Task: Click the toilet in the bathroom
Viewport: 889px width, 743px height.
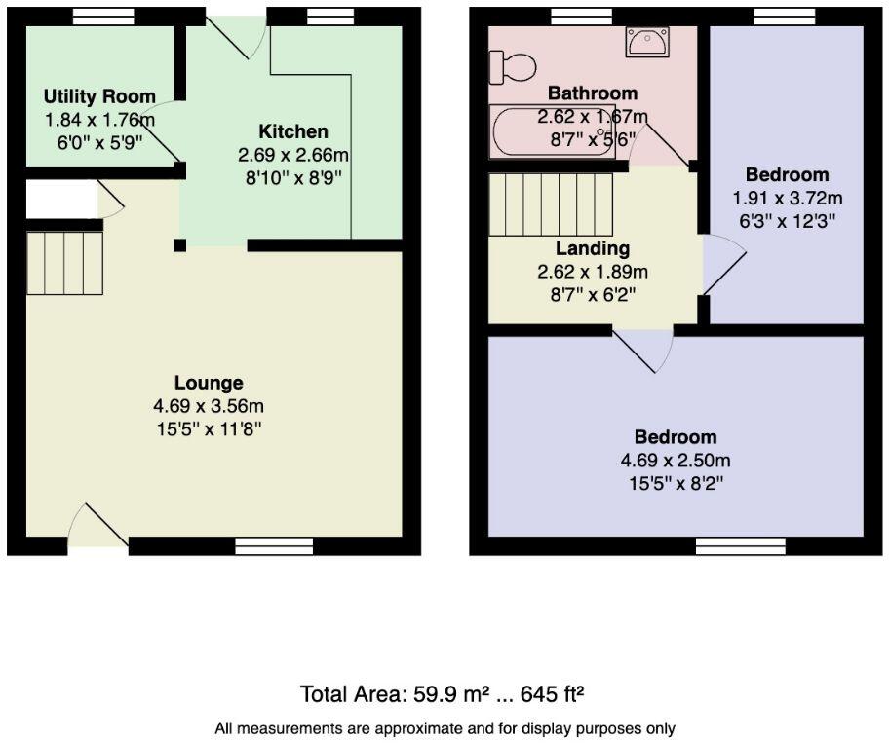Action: [x=513, y=67]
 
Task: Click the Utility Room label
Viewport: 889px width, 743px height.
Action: [x=99, y=96]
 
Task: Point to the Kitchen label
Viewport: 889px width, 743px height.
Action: [x=292, y=131]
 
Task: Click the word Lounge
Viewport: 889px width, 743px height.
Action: [x=209, y=383]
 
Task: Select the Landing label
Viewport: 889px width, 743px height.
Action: [x=593, y=249]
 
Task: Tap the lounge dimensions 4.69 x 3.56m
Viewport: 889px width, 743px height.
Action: [x=209, y=405]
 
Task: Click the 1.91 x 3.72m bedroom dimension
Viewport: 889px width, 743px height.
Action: [x=787, y=198]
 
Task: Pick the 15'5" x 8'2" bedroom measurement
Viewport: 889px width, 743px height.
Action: [x=676, y=481]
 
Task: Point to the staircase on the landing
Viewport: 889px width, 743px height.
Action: [x=550, y=204]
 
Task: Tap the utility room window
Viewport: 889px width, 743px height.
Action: [x=104, y=15]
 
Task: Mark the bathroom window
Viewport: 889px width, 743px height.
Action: [x=581, y=15]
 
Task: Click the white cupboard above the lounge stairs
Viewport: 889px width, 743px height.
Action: [x=61, y=200]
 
